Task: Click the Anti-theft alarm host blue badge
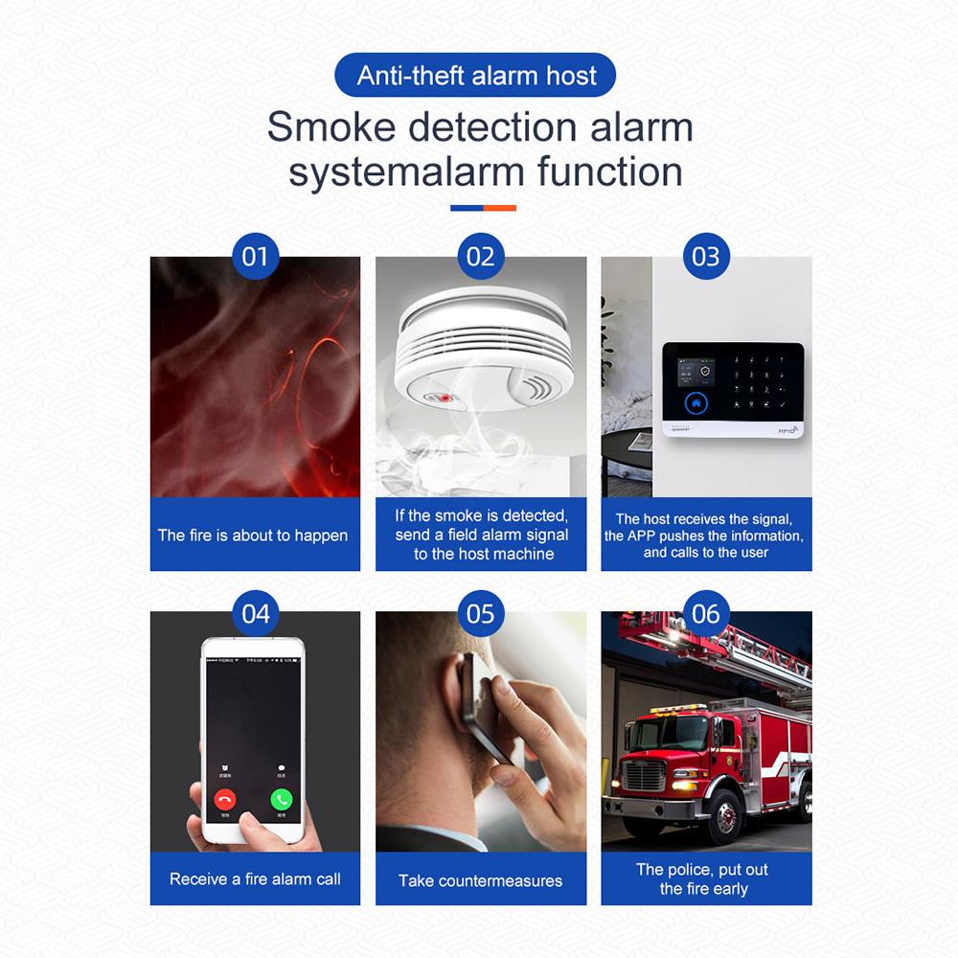point(476,76)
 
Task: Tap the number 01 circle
point(255,257)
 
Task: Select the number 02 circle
point(481,257)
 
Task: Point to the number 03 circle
point(705,257)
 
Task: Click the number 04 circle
point(255,613)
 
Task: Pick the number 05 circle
point(481,613)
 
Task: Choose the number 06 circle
point(705,613)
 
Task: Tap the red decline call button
point(226,799)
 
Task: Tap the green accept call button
point(281,799)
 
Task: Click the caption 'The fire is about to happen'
point(253,536)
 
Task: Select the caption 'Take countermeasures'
point(481,880)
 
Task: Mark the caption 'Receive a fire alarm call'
point(255,878)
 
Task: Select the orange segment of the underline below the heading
point(500,207)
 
